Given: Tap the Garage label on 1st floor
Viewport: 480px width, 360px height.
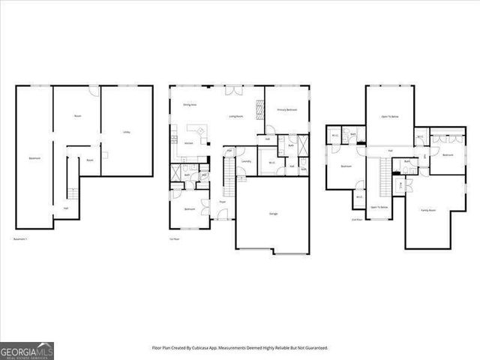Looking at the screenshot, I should click(273, 214).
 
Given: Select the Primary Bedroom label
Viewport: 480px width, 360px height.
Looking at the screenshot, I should click(288, 110).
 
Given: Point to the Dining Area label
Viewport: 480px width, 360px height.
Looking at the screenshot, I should click(190, 105).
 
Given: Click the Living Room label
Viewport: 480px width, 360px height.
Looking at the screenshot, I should click(235, 116).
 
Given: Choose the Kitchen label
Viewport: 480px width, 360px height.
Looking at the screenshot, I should click(189, 142).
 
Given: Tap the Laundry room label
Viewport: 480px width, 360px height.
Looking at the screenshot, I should click(245, 160).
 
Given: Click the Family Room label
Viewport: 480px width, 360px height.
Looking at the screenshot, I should click(429, 211).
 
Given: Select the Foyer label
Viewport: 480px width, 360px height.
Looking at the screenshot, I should click(223, 201).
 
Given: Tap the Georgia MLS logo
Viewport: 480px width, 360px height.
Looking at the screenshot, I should click(26, 350).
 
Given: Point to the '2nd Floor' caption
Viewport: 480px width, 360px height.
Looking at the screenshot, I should click(357, 219).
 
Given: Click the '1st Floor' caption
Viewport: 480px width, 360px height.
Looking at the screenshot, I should click(173, 239).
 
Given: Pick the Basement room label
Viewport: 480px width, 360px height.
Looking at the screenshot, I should click(34, 158).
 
